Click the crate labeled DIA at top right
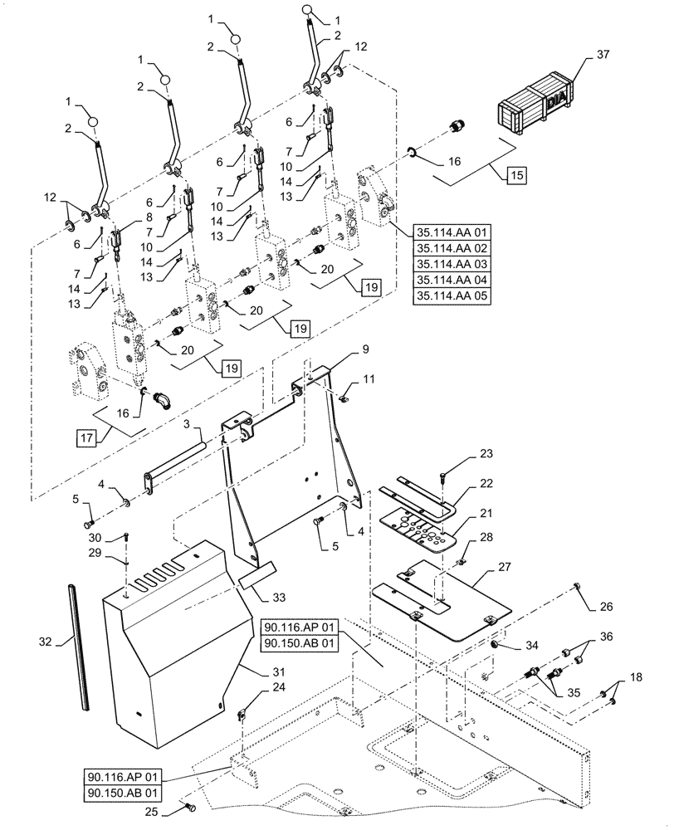[x=535, y=106]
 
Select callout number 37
[x=602, y=55]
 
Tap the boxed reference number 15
[x=515, y=175]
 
